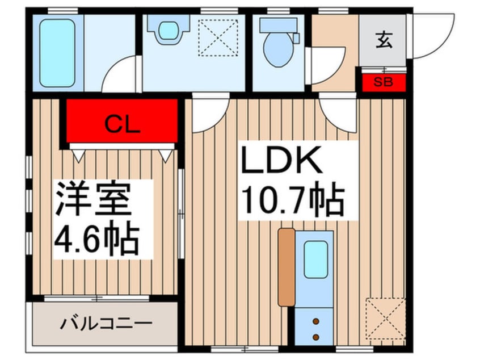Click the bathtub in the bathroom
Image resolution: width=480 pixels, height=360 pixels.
[57, 53]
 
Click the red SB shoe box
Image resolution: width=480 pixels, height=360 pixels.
[384, 82]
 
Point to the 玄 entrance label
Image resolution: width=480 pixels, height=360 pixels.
[384, 40]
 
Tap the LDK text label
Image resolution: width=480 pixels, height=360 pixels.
[281, 160]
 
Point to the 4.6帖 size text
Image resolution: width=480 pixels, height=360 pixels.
[96, 238]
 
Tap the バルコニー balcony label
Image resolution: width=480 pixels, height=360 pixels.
[106, 324]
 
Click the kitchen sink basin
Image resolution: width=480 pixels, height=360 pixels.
[315, 259]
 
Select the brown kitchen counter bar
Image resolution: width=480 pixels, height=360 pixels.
[287, 267]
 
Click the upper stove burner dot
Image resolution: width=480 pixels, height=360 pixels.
[316, 322]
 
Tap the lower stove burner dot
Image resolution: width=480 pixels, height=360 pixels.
[316, 337]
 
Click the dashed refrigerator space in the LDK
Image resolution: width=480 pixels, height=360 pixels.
[386, 319]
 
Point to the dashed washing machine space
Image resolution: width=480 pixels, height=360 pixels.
[218, 37]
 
